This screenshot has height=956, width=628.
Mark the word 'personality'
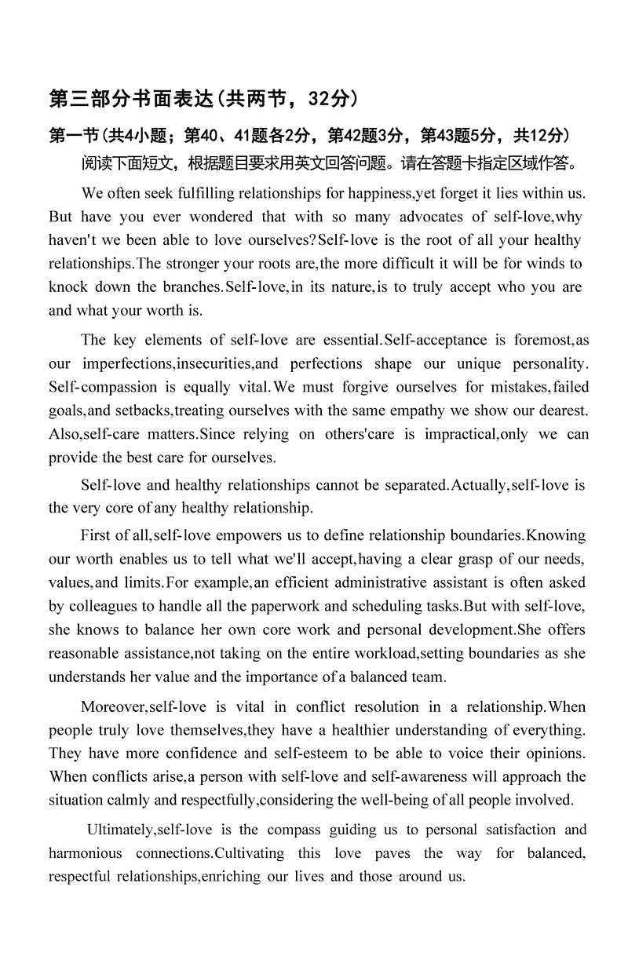coord(547,363)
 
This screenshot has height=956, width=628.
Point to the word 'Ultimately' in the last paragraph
coord(120,830)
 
